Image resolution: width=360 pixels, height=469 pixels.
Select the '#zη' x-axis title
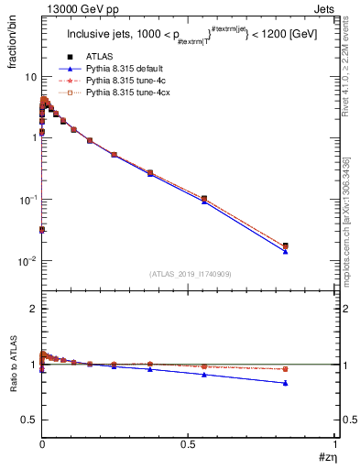[326, 457]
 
